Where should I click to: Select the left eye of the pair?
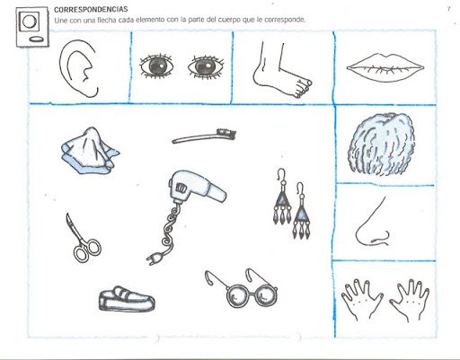click(156, 66)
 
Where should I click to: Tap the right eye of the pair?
click(207, 66)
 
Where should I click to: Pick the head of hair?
click(382, 144)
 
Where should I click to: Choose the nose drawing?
click(372, 222)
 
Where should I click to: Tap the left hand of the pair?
click(361, 299)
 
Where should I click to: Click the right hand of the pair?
click(410, 299)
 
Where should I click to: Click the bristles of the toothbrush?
click(226, 132)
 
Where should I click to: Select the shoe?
click(127, 299)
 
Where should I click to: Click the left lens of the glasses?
click(238, 296)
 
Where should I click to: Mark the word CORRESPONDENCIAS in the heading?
click(91, 9)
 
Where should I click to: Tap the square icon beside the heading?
click(32, 27)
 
